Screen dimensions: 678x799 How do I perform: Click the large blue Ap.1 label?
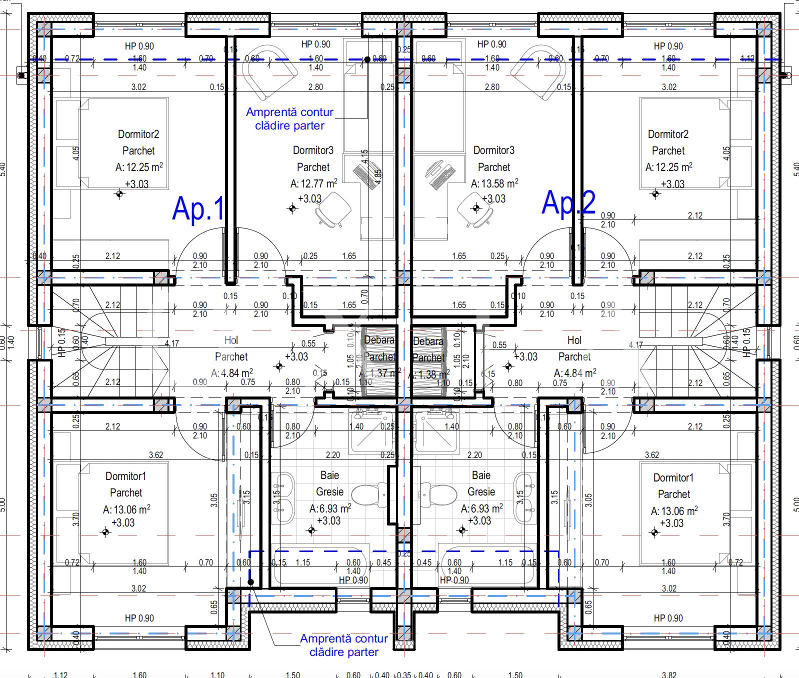pyautogui.click(x=198, y=208)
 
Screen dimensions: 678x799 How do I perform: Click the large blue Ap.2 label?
pyautogui.click(x=568, y=202)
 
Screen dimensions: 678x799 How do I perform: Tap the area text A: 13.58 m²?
pyautogui.click(x=494, y=183)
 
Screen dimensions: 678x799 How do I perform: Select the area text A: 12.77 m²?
pyautogui.click(x=313, y=183)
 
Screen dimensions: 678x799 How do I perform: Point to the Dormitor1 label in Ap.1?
pyautogui.click(x=125, y=476)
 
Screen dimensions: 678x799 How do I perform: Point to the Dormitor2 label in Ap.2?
pyautogui.click(x=668, y=134)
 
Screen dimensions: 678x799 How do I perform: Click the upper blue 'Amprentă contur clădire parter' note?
pyautogui.click(x=289, y=119)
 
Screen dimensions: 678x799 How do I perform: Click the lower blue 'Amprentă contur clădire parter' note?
pyautogui.click(x=343, y=645)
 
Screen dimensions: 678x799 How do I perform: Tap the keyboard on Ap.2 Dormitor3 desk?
pyautogui.click(x=442, y=177)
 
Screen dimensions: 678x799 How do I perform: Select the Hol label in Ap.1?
pyautogui.click(x=231, y=340)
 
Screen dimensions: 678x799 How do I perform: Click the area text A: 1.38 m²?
pyautogui.click(x=428, y=374)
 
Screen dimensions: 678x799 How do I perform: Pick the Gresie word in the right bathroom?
pyautogui.click(x=481, y=491)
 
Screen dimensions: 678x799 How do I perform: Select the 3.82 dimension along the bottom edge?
pyautogui.click(x=669, y=674)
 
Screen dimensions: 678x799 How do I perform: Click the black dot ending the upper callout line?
pyautogui.click(x=367, y=59)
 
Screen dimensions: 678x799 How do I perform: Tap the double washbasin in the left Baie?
pyautogui.click(x=282, y=497)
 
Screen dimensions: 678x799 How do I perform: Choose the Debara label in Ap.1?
pyautogui.click(x=379, y=340)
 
